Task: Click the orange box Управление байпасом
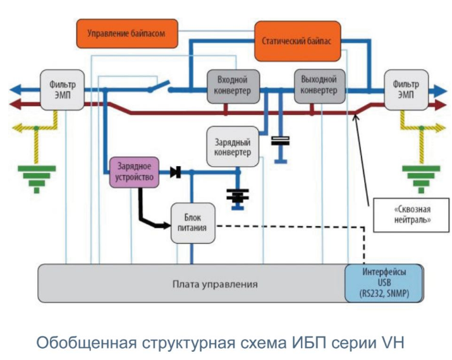point(127,33)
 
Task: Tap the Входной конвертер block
point(228,87)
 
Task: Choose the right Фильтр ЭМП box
point(405,89)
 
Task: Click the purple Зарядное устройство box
point(132,171)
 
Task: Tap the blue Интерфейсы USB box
point(375,283)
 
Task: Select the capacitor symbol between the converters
point(279,141)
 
